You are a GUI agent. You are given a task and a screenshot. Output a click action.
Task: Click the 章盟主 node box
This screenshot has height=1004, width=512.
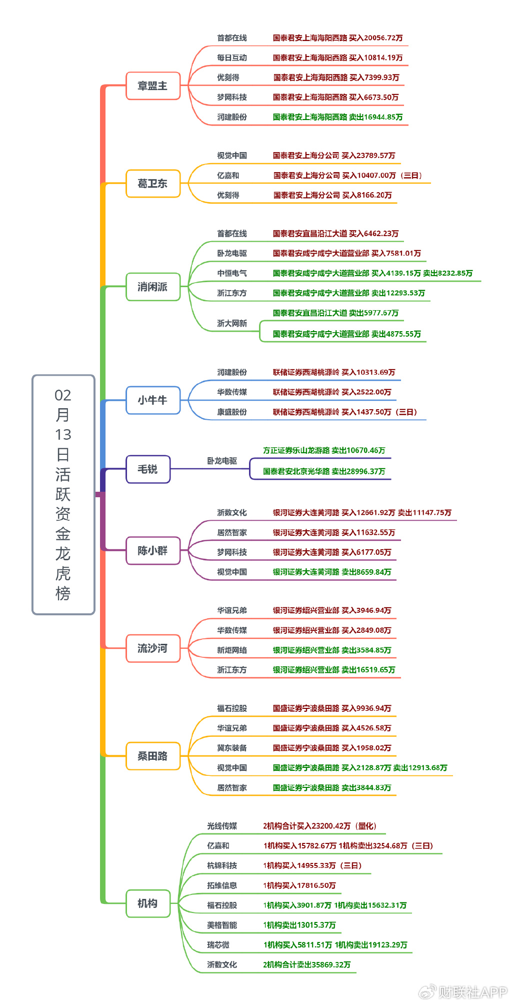[152, 86]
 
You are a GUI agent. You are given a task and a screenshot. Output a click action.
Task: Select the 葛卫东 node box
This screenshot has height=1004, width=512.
[152, 184]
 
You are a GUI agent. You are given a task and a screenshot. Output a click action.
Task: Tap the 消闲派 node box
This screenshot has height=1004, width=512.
[152, 287]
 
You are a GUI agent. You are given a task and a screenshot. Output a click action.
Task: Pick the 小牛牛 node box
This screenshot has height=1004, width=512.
[152, 400]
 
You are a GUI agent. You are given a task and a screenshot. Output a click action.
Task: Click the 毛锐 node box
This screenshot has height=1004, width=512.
[148, 469]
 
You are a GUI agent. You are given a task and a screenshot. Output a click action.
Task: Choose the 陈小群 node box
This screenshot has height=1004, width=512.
[152, 551]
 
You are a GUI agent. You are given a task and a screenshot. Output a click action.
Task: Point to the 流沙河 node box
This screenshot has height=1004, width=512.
[152, 648]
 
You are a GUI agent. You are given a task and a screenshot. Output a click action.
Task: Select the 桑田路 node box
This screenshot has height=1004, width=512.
[152, 756]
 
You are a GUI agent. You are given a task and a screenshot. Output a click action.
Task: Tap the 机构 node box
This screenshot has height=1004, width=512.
[148, 903]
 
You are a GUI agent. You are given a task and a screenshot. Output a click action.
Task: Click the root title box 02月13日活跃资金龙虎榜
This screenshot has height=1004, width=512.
[63, 494]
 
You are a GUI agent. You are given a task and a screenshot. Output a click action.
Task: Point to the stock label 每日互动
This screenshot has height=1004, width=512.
[232, 58]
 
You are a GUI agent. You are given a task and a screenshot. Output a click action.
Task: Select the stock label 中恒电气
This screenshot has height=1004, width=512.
[232, 273]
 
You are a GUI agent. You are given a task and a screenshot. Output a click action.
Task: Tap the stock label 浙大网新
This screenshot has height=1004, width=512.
[232, 324]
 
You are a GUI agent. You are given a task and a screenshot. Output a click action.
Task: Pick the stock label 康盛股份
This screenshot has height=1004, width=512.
[232, 412]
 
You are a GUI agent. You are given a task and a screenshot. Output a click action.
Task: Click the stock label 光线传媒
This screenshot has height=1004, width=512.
[222, 826]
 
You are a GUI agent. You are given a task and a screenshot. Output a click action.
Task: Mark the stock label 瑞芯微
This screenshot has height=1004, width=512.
[218, 945]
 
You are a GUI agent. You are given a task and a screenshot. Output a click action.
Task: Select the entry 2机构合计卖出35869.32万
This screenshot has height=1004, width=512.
[306, 964]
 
